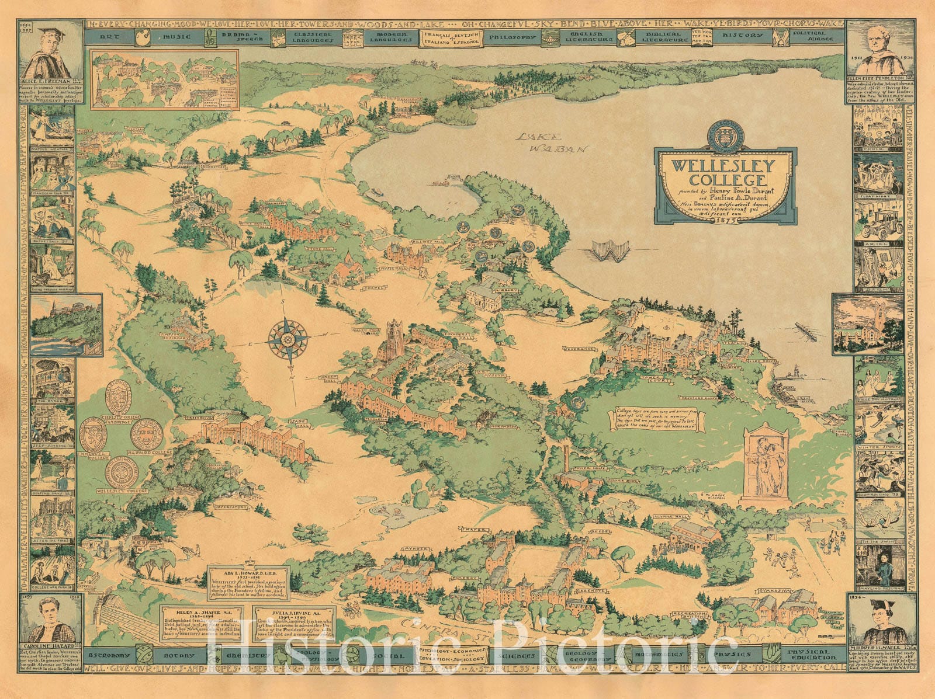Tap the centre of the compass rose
tap(288, 338)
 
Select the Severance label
tap(579, 348)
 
